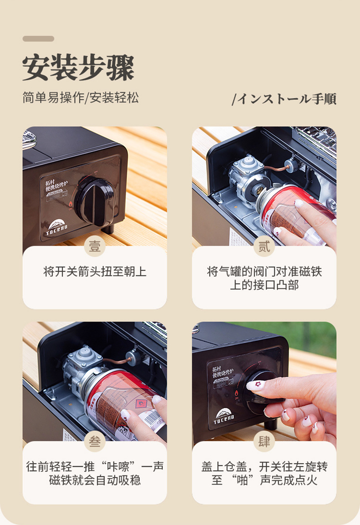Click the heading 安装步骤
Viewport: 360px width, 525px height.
[78, 68]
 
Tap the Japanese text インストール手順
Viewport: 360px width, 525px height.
[285, 99]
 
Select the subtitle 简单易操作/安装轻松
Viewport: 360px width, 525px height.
[81, 97]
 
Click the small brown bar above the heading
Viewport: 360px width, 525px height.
[38, 39]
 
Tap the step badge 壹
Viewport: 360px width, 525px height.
[95, 246]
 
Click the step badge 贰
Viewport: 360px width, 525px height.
[264, 246]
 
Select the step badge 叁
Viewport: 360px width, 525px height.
[95, 441]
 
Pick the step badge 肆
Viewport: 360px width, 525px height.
[264, 441]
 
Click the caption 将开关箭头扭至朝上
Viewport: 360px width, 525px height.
[95, 272]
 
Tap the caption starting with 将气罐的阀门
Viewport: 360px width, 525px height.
[264, 279]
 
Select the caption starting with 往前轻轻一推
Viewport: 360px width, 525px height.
[95, 474]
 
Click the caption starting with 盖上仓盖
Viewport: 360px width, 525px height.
[264, 474]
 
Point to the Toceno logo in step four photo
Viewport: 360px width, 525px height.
[224, 416]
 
